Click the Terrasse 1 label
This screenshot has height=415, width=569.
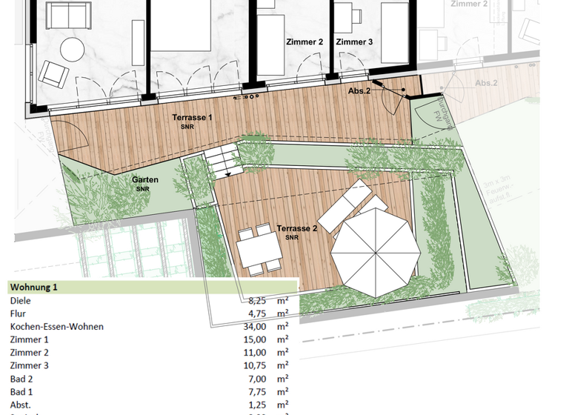[193, 118]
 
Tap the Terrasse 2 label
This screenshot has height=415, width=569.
[296, 228]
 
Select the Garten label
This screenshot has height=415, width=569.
[145, 180]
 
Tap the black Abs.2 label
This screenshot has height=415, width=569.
[359, 90]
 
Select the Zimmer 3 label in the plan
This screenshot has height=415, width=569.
[354, 42]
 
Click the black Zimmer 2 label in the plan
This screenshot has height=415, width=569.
[305, 42]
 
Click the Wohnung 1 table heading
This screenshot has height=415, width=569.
[33, 287]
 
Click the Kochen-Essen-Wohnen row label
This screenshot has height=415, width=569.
[56, 327]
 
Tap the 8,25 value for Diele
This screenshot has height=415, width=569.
[256, 301]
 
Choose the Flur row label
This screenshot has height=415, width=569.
[19, 313]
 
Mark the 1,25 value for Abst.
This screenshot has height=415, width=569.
[256, 404]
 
